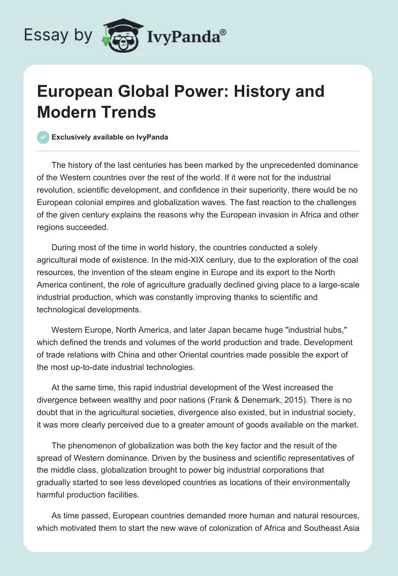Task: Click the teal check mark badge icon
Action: tap(43, 137)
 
